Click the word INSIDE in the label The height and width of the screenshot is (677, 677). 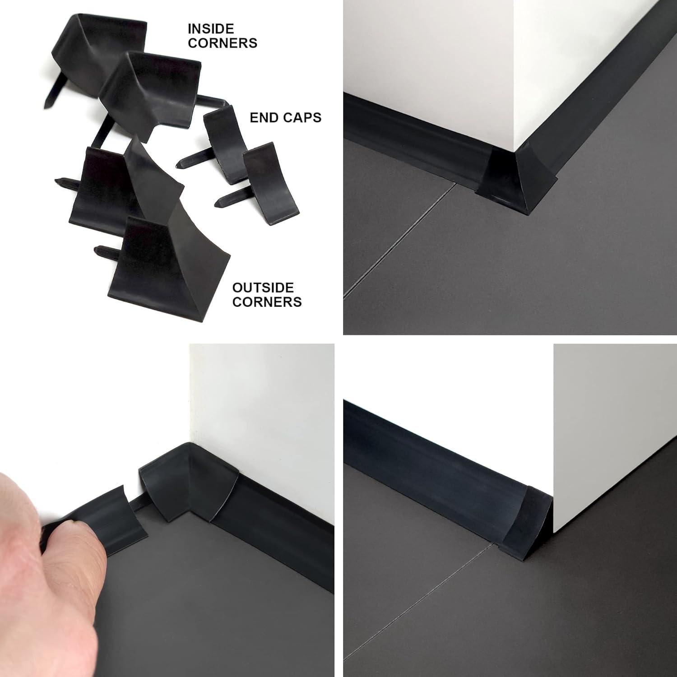(211, 29)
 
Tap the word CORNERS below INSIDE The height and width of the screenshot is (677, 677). (223, 43)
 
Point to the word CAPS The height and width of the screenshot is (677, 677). (302, 117)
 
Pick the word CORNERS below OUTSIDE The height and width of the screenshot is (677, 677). (267, 301)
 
